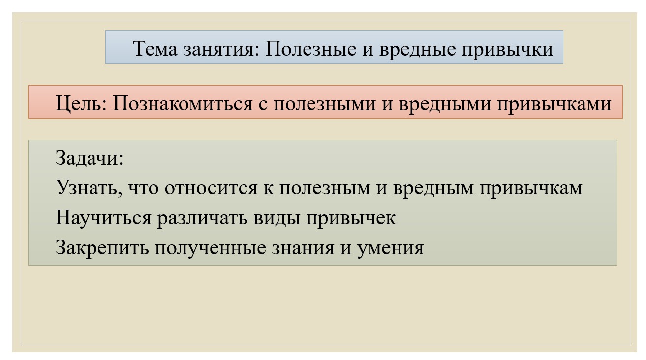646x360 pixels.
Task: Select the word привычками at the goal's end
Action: coord(554,104)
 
